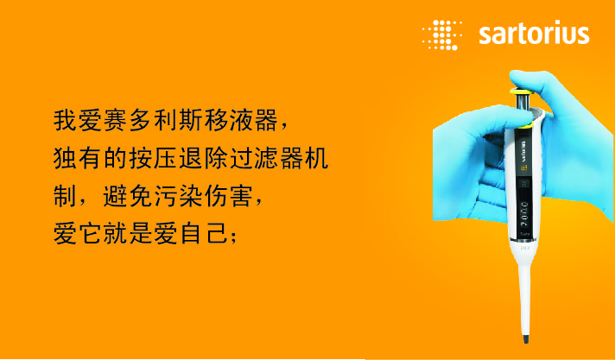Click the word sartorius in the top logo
[534, 35]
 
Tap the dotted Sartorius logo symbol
[441, 35]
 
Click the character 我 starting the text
[66, 120]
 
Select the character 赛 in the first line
[116, 120]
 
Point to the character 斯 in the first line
[191, 120]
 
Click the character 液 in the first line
[241, 120]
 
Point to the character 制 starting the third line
[66, 196]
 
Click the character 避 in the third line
[116, 196]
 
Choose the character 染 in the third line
[191, 196]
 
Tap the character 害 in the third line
[241, 196]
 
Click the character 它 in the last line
[91, 233]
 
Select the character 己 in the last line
[216, 233]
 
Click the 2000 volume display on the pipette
[524, 213]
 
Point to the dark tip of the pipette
[525, 338]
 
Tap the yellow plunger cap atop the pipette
[521, 92]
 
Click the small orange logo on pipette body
[523, 167]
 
